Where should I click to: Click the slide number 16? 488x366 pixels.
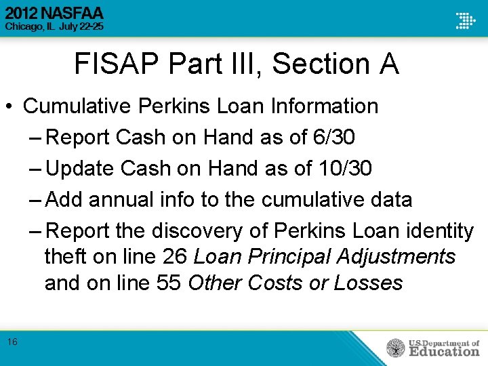click(x=13, y=342)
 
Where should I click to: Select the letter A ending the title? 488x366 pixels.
click(x=389, y=65)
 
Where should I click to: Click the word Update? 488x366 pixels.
click(x=80, y=169)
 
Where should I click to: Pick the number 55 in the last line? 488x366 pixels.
click(x=168, y=283)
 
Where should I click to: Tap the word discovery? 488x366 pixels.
click(x=197, y=231)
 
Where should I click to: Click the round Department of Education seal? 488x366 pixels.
click(x=395, y=348)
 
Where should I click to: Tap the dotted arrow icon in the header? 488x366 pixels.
click(x=465, y=20)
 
